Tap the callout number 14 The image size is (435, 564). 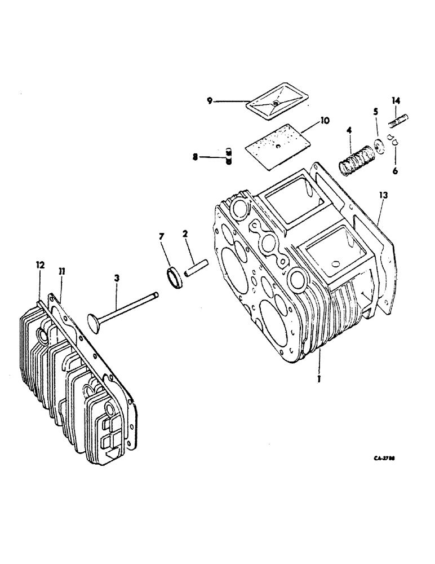pos(396,102)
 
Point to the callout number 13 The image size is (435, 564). pos(384,195)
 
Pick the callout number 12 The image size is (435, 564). pos(40,265)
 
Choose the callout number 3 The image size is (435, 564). pos(117,277)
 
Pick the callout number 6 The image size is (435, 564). pos(395,169)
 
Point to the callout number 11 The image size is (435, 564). pos(61,271)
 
